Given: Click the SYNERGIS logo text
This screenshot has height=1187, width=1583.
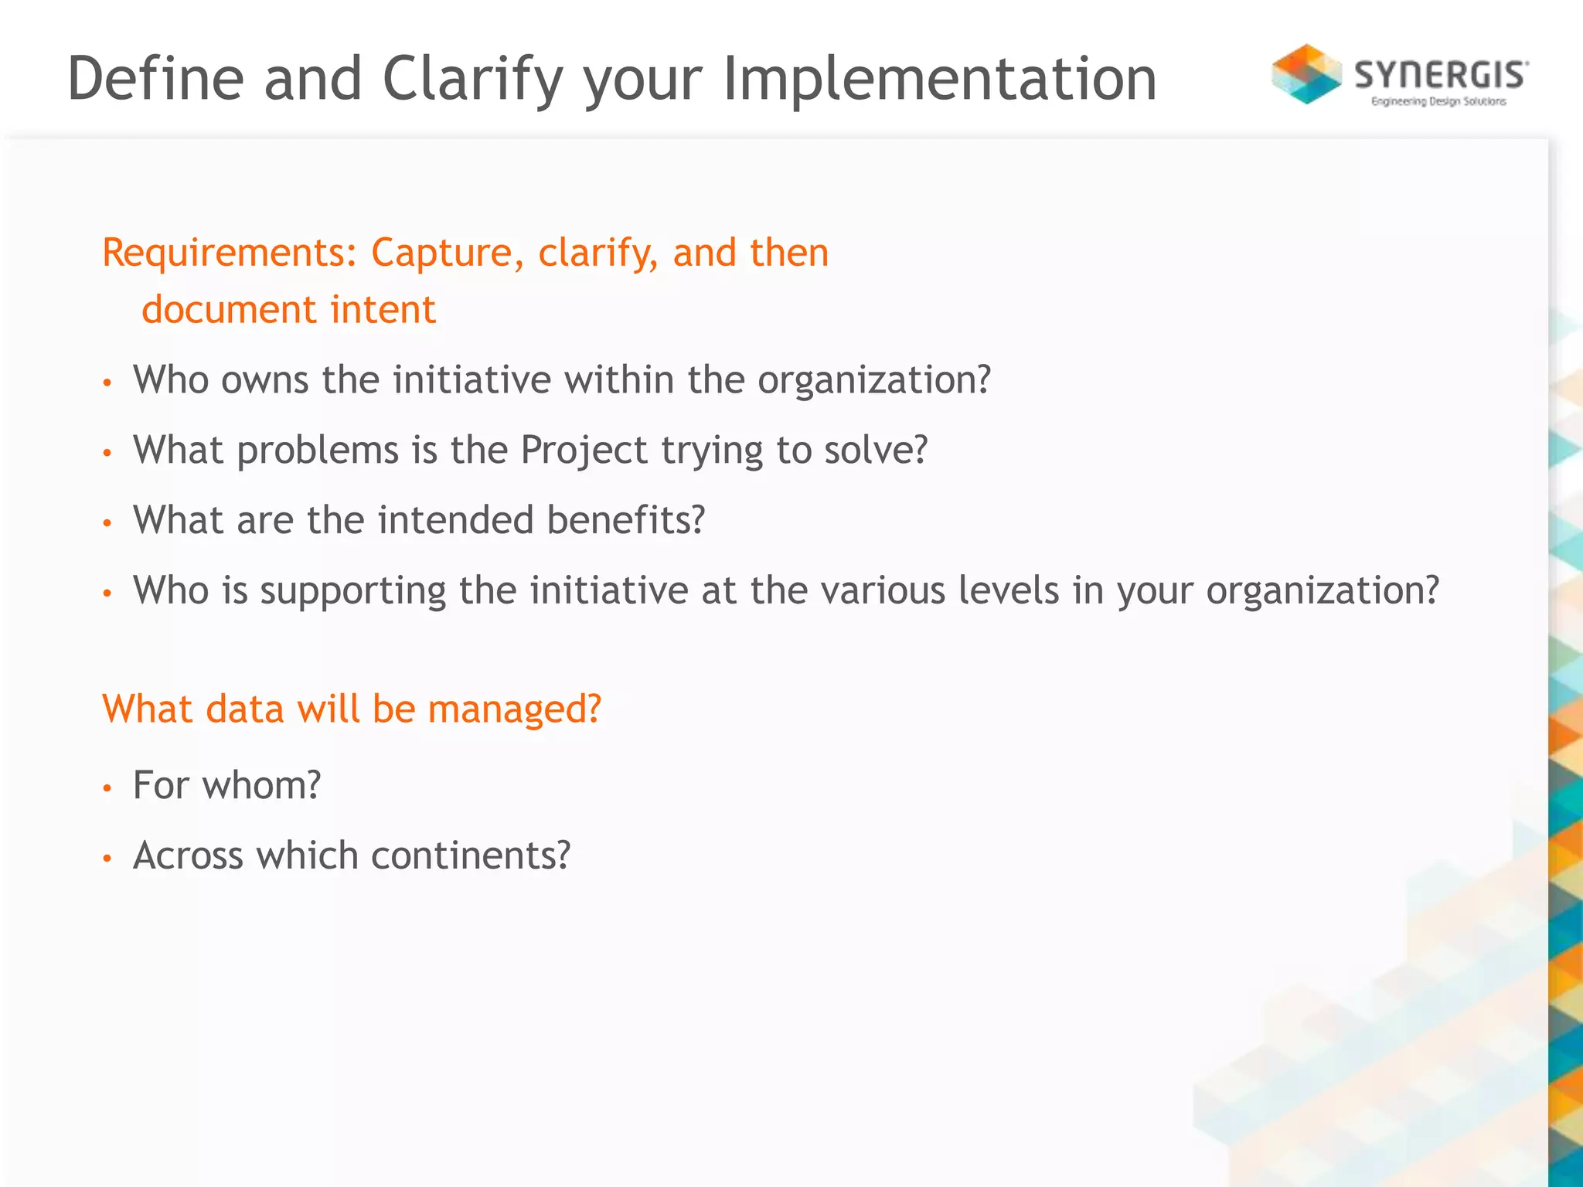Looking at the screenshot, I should point(1441,75).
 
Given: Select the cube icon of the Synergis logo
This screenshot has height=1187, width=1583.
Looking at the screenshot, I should point(1306,74).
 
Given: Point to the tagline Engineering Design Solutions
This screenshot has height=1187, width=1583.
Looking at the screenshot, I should point(1438,101).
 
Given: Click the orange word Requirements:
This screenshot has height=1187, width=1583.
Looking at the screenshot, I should point(230,253).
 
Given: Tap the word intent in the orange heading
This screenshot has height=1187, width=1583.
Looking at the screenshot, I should point(383,310).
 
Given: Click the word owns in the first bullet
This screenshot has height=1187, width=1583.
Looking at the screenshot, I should point(264,380).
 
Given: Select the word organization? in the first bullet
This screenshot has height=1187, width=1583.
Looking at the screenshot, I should point(873,380).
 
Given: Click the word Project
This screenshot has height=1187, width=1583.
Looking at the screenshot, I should point(584,451).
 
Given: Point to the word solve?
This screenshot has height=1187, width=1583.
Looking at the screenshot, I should point(875,451).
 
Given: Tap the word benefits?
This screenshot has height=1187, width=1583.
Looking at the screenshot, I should point(626,520).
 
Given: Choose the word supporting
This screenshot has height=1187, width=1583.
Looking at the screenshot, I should point(352,591).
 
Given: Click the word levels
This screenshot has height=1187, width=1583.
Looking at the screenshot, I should point(1008,590).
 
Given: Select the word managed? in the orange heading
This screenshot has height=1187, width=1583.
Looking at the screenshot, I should point(514,709).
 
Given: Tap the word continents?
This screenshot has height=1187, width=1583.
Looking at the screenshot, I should point(470,855).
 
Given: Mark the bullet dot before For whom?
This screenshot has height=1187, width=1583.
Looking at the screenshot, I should point(107,787).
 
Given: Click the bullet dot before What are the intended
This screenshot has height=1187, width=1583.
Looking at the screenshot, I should point(107,523).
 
